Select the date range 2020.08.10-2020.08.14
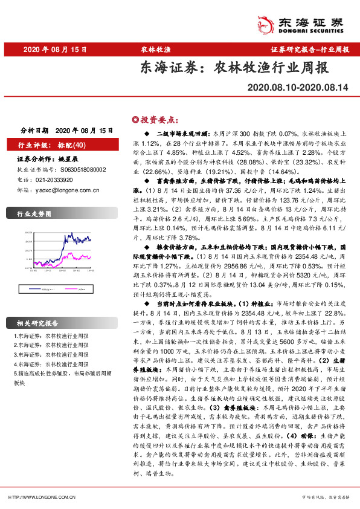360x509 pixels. click(298, 88)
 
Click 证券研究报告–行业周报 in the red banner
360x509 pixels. click(310, 50)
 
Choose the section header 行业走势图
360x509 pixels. click(33, 214)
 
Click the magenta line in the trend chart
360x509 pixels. click(79, 257)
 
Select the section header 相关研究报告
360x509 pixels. click(37, 323)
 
